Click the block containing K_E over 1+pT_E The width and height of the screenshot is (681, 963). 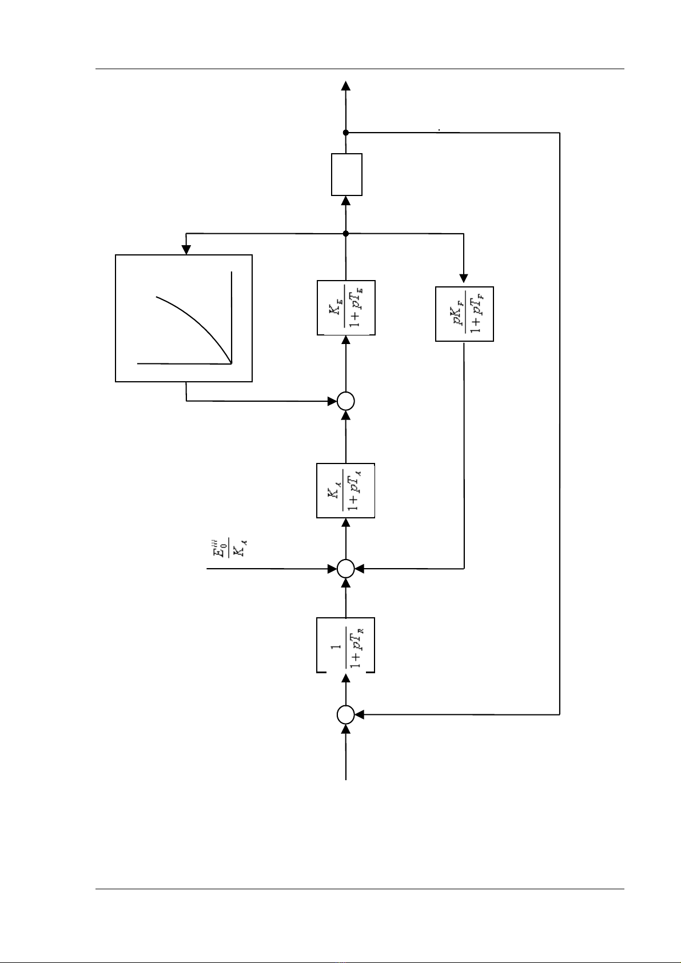[x=346, y=307]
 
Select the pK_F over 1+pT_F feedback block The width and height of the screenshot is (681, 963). [x=464, y=314]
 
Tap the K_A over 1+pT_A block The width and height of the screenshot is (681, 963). [x=346, y=490]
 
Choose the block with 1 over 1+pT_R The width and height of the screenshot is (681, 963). [x=346, y=645]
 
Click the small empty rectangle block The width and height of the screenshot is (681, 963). [x=347, y=174]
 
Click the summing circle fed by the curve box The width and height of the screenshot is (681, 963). [x=346, y=401]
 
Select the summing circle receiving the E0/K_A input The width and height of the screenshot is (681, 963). [x=346, y=569]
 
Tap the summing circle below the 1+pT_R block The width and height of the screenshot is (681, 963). [x=346, y=714]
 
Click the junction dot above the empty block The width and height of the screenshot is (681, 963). [x=346, y=133]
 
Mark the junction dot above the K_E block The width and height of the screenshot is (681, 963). [x=346, y=233]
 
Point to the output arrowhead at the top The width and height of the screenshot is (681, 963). [x=346, y=85]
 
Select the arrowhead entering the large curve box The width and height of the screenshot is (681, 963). [x=186, y=250]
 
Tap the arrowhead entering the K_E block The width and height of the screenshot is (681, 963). [x=346, y=340]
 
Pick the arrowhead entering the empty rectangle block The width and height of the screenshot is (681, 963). [x=346, y=201]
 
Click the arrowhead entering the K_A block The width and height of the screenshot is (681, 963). [x=346, y=523]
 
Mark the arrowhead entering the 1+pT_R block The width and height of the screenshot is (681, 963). [x=346, y=678]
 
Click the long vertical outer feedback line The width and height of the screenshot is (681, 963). [x=559, y=423]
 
